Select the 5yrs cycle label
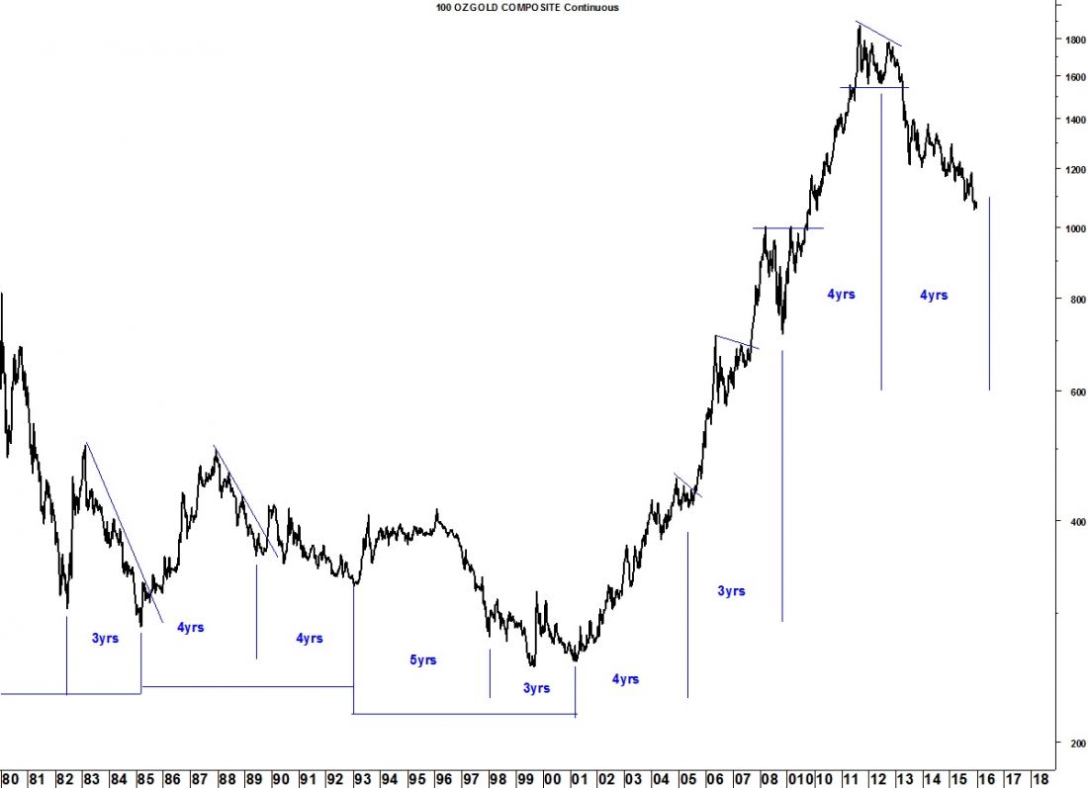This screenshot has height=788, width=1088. pyautogui.click(x=422, y=660)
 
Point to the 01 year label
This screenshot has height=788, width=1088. pyautogui.click(x=579, y=778)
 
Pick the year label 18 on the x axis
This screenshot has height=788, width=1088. pyautogui.click(x=1040, y=778)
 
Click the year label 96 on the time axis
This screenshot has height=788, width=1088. pyautogui.click(x=443, y=778)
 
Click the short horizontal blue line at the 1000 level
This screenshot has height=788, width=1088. pyautogui.click(x=788, y=228)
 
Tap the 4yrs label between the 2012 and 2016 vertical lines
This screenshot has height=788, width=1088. pyautogui.click(x=934, y=295)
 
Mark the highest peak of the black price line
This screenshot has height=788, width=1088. pyautogui.click(x=859, y=25)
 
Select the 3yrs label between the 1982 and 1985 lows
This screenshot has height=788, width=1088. pyautogui.click(x=105, y=639)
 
